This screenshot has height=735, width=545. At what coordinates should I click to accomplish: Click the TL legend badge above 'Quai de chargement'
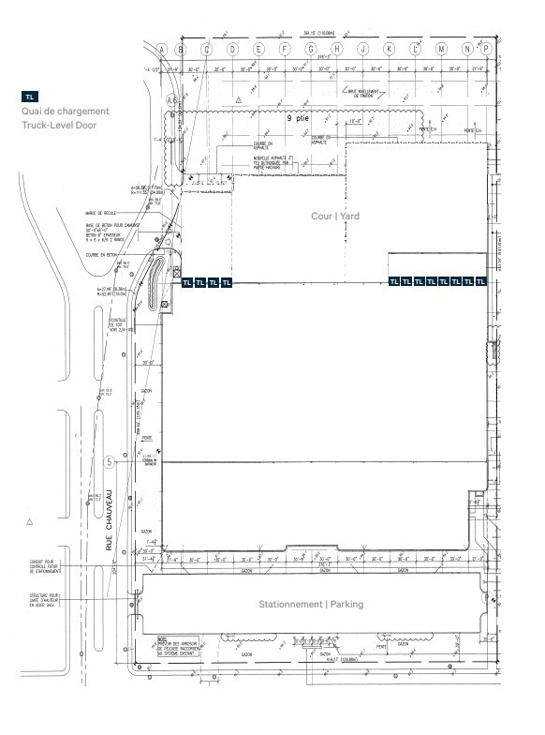click(31, 97)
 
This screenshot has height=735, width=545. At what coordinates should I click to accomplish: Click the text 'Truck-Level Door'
click(62, 124)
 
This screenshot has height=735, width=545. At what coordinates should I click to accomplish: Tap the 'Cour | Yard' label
click(336, 216)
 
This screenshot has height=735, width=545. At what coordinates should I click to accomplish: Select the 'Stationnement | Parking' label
click(311, 604)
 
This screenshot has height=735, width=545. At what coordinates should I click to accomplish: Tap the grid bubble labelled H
click(334, 49)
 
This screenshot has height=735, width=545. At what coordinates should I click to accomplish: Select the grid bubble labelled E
click(258, 49)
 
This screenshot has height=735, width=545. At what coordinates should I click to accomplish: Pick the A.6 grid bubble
click(171, 98)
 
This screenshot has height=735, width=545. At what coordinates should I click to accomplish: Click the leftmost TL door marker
click(187, 281)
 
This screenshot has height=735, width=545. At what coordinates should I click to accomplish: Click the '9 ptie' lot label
click(297, 120)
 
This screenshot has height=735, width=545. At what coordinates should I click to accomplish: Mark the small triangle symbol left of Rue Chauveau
click(30, 520)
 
